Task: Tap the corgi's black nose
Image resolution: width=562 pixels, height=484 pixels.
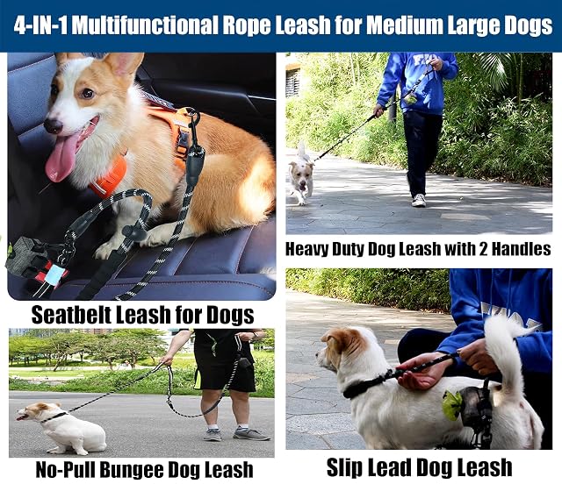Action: (x=53, y=126)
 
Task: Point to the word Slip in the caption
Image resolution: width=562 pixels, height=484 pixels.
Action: (x=345, y=466)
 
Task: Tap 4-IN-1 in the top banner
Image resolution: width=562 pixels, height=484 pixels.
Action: (x=41, y=25)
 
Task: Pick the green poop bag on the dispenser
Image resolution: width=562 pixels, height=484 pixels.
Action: (x=452, y=406)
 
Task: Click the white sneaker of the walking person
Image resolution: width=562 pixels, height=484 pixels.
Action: (x=419, y=200)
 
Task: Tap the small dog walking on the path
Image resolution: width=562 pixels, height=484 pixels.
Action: (x=302, y=174)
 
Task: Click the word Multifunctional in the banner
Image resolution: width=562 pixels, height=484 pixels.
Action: (x=145, y=25)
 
